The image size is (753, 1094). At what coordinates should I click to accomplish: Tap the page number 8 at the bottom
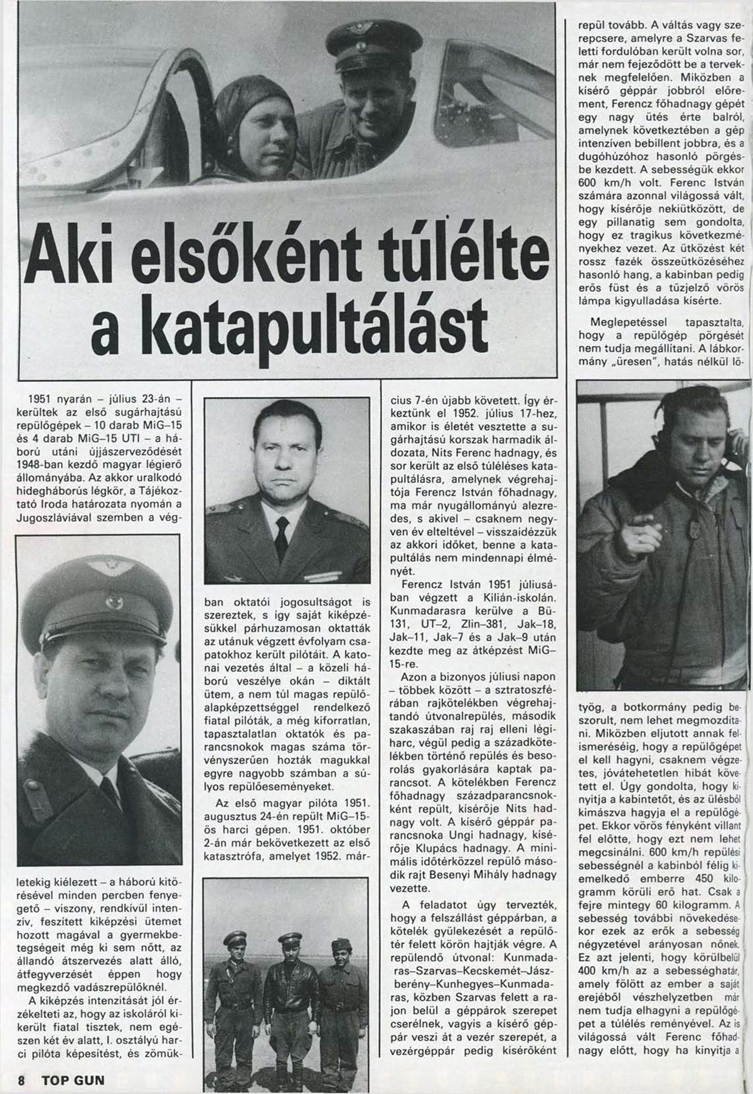pos(22,1081)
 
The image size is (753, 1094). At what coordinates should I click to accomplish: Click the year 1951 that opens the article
pos(42,398)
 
